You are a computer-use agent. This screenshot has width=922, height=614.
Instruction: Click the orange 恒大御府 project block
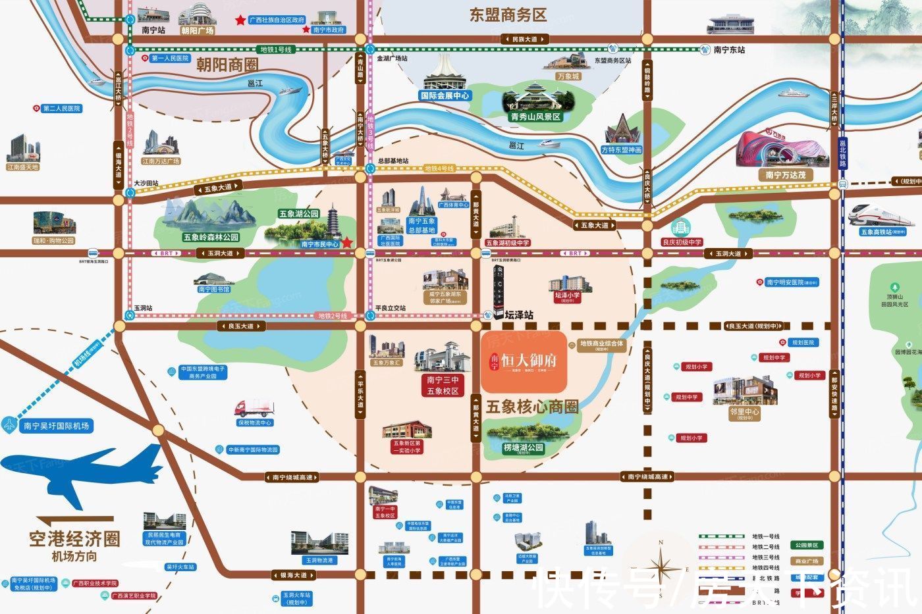524,362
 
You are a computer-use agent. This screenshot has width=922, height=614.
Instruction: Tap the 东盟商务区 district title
508,15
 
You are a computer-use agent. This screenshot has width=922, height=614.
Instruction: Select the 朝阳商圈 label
227,64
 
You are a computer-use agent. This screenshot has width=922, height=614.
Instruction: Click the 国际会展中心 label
445,95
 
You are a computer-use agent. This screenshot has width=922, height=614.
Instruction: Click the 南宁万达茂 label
786,175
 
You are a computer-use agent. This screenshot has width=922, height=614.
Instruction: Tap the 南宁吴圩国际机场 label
56,426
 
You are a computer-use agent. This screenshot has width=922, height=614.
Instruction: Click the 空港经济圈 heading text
74,540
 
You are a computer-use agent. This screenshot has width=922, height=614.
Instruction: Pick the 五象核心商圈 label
531,407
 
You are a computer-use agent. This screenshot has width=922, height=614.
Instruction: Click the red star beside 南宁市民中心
347,243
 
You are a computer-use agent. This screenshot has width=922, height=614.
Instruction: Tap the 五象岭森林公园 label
211,237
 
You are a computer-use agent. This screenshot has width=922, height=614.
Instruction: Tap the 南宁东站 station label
729,50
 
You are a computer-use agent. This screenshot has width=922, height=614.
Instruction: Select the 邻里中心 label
745,412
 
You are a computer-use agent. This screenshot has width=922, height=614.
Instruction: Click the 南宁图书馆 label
214,290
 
